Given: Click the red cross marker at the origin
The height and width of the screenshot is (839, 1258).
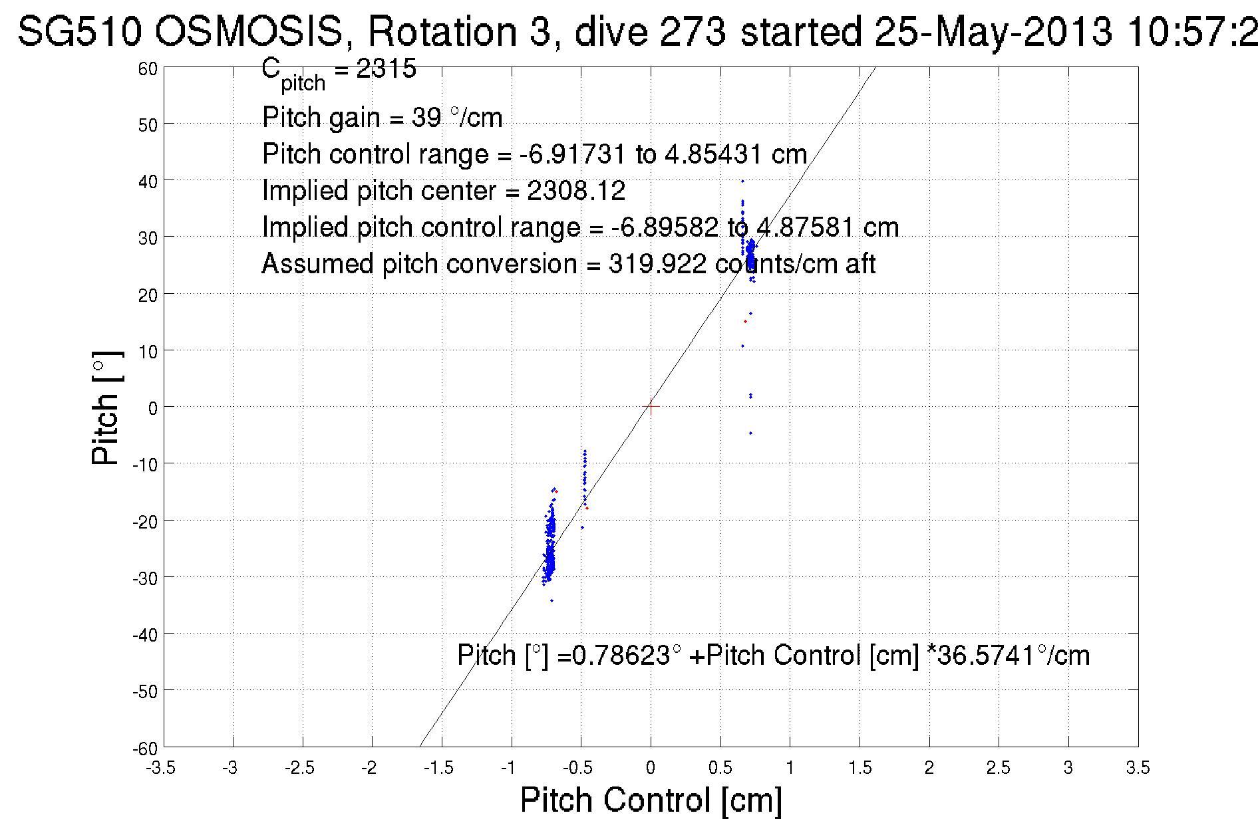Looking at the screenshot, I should [x=651, y=407].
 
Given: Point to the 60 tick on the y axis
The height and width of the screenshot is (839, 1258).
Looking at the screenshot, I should [x=164, y=67].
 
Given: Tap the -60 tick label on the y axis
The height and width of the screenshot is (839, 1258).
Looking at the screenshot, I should [x=145, y=749].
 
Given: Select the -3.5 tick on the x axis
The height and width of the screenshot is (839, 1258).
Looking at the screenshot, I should [x=164, y=747].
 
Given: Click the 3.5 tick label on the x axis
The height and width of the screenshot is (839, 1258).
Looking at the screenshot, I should [x=1138, y=768].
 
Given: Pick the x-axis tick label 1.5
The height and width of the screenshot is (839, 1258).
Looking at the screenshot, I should [x=860, y=768].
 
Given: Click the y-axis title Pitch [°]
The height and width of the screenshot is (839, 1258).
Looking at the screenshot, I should [x=106, y=408].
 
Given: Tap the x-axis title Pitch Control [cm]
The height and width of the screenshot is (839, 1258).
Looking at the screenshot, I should [x=651, y=800].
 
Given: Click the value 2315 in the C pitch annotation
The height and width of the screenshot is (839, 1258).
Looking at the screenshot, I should [x=386, y=68].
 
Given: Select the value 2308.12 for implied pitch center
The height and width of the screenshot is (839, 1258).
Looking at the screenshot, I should [x=576, y=191].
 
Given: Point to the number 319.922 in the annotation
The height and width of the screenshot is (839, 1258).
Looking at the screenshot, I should [x=657, y=264].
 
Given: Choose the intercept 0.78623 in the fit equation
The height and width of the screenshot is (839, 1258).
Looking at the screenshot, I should [x=621, y=656].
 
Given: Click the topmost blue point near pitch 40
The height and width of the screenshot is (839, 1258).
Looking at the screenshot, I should [x=742, y=181].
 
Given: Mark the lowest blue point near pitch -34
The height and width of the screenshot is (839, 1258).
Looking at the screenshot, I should [x=551, y=600].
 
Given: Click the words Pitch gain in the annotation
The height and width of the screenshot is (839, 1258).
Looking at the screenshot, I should [x=321, y=118].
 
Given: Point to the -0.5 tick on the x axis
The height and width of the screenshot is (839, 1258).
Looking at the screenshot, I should [x=581, y=747].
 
